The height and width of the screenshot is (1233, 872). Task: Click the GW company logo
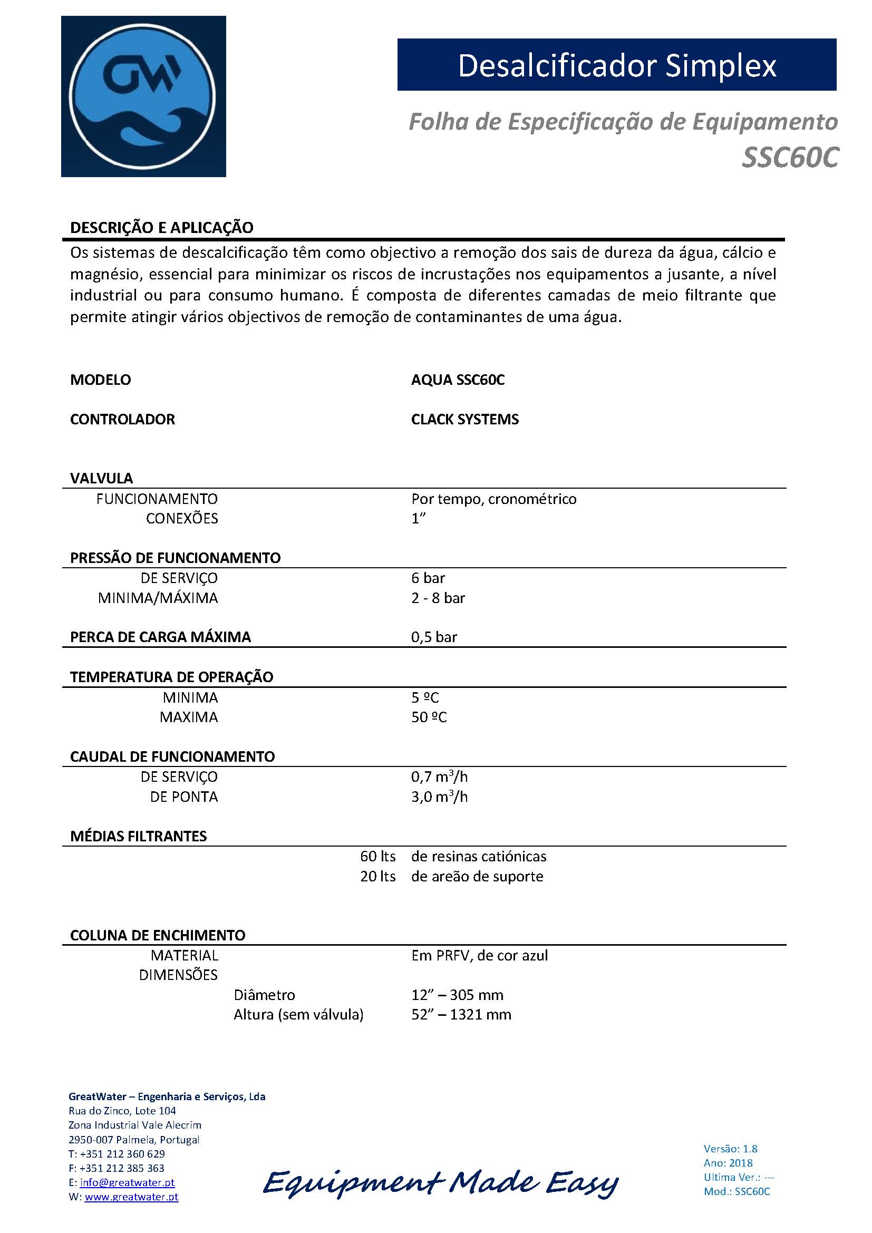[x=143, y=96]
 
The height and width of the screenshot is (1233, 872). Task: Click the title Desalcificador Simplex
[x=616, y=65]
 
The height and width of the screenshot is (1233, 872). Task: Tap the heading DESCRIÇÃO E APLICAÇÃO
[x=162, y=228]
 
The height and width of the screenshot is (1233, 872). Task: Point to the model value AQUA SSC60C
[x=458, y=380]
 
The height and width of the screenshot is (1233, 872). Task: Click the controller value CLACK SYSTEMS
[x=464, y=420]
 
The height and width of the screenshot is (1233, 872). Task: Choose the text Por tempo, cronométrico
[x=493, y=499]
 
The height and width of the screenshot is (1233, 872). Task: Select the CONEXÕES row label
[x=182, y=519]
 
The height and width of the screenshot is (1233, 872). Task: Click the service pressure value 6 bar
[x=428, y=578]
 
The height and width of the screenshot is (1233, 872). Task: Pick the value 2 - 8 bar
[x=438, y=598]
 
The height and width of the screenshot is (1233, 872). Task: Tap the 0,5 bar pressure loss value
[x=434, y=637]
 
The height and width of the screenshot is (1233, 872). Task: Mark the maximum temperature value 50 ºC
[x=429, y=717]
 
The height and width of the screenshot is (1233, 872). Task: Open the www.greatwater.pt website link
[x=132, y=1197]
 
